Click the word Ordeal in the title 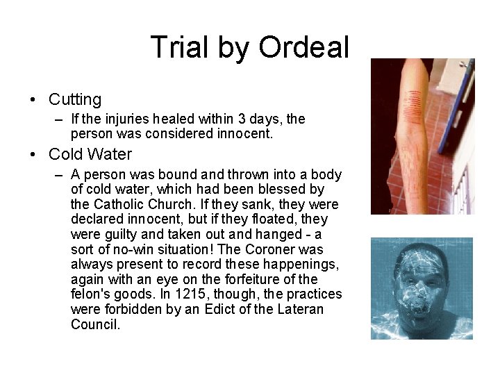tap(303, 48)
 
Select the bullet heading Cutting tap(75, 100)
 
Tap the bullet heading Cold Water tap(90, 154)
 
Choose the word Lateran tap(300, 310)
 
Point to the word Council tap(96, 325)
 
